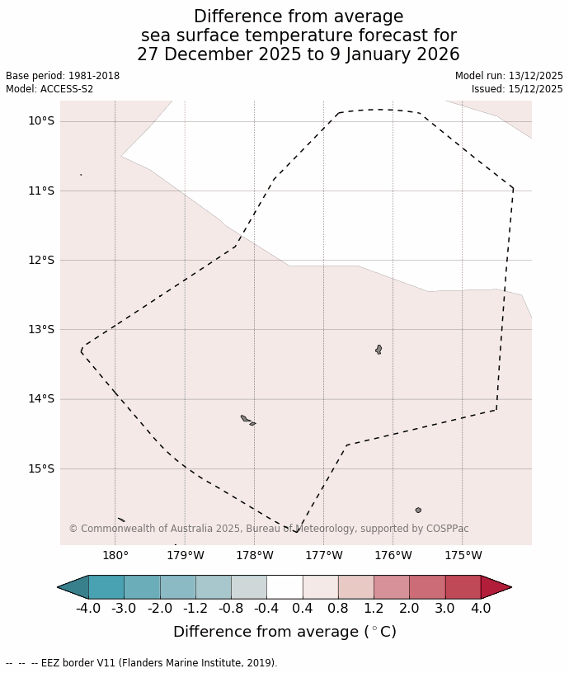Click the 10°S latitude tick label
point(41,121)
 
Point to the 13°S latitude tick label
point(41,330)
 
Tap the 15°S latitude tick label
point(41,468)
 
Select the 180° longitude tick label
point(115,555)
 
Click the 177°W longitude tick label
point(323,555)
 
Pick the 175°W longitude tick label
point(463,555)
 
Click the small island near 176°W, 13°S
point(379,350)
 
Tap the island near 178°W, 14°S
point(246,419)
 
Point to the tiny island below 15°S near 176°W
point(418,511)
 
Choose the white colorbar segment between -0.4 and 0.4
point(284,587)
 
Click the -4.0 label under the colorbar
point(88,609)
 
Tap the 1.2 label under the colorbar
point(374,609)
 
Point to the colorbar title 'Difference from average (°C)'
point(284,633)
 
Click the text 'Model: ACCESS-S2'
point(49,89)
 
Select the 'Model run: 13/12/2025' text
point(509,76)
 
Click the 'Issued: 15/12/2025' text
point(517,89)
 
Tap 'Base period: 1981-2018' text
point(63,76)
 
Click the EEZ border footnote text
point(142,663)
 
